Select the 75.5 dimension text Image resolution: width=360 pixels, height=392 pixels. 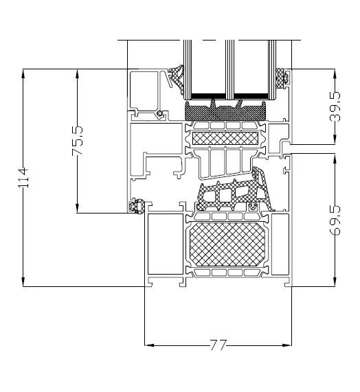(x=77, y=141)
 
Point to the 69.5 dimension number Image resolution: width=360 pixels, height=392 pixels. (x=335, y=220)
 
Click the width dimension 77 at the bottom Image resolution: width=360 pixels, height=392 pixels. (x=218, y=345)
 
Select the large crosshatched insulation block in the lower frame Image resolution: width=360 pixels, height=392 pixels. (x=226, y=244)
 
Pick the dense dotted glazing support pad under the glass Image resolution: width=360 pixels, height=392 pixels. (x=226, y=108)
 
